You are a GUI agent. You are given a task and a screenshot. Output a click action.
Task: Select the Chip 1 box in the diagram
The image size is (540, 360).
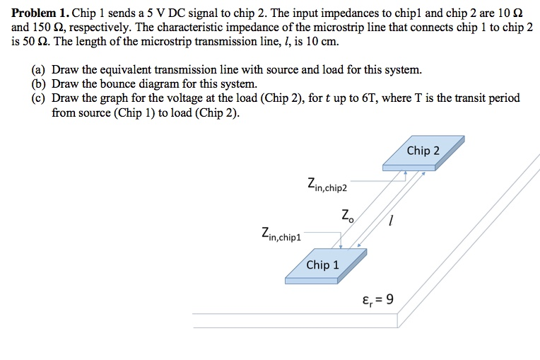coord(323,266)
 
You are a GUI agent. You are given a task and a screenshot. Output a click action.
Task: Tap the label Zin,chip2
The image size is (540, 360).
coord(327,185)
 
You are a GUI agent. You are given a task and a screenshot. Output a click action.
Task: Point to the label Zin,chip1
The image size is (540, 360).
coord(281,233)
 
